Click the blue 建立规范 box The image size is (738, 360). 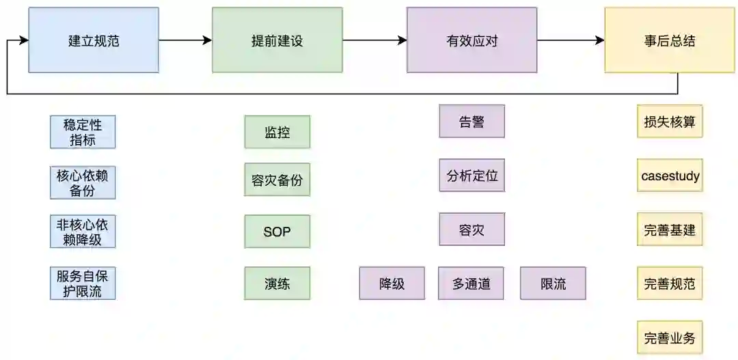click(94, 40)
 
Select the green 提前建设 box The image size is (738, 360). click(277, 40)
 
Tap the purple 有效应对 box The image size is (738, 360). click(471, 40)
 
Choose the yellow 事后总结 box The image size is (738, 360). click(670, 40)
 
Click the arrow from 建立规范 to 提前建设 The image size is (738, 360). click(185, 40)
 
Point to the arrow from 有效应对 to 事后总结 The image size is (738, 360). click(571, 40)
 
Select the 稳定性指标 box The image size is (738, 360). click(83, 132)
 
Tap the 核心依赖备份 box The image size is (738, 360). click(83, 182)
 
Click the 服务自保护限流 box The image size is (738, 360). click(83, 283)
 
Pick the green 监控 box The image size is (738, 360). click(277, 132)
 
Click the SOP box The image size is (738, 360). click(277, 232)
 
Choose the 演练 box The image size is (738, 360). click(277, 283)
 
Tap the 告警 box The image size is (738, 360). click(471, 122)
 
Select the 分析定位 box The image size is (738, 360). click(471, 176)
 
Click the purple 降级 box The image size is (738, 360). click(392, 283)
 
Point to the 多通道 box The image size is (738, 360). click(471, 283)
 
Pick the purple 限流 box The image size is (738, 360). click(553, 283)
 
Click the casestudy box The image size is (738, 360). click(670, 176)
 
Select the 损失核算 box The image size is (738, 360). click(670, 122)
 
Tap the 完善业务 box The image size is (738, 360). click(670, 337)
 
